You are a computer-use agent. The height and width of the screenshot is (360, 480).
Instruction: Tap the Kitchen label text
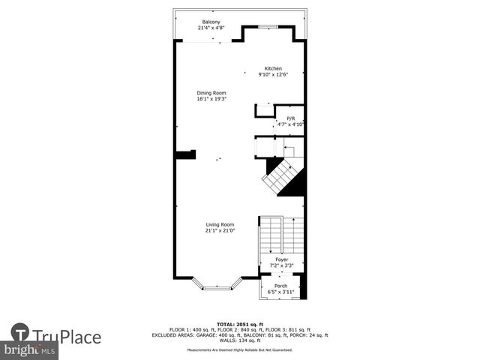pos(272,68)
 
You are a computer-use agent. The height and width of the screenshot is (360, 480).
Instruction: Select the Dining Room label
pos(211,93)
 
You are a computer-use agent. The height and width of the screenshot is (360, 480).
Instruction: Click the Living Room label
pos(220,224)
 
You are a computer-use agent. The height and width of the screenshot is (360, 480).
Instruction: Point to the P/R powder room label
pos(291,118)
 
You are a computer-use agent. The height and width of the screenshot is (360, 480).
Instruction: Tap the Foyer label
pos(281,259)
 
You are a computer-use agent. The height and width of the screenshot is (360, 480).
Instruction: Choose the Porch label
pos(280,286)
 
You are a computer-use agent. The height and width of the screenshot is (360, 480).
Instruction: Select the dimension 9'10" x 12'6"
pos(272,74)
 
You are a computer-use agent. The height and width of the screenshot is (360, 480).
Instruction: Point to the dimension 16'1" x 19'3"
pos(211,99)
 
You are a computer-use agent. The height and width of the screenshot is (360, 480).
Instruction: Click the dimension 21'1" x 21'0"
pos(220,231)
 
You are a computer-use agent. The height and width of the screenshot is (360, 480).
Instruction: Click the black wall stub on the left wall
pos(185,154)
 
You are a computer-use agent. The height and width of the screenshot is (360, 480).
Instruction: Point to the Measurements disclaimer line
pos(239,349)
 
